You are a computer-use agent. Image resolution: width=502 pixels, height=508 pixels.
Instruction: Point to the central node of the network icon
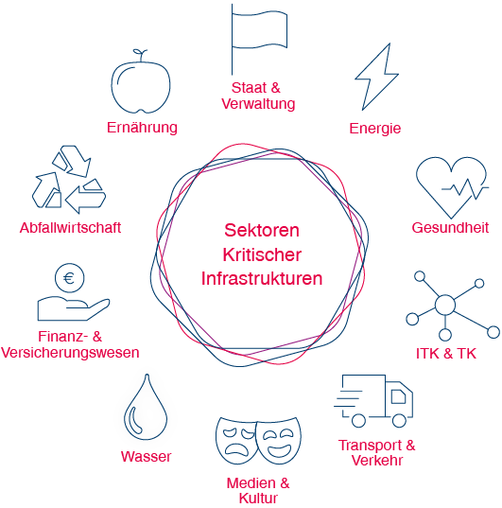coord(445,305)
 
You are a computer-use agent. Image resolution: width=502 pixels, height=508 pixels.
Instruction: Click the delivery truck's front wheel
coord(399,421)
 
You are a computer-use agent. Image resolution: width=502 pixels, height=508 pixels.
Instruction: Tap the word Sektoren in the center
coord(262,230)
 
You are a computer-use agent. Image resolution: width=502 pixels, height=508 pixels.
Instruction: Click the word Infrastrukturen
coord(262,279)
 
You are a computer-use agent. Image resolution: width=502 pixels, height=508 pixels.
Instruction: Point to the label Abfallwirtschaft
coord(70,228)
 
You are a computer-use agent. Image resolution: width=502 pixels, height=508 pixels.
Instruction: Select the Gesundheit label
coord(450,227)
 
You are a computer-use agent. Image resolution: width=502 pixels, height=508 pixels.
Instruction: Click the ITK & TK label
coord(446,353)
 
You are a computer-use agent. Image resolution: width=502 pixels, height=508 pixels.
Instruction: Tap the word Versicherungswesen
coord(70,353)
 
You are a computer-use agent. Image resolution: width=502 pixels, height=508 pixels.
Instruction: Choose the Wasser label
coord(147,457)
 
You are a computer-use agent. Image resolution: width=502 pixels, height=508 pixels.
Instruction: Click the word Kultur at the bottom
coord(258,499)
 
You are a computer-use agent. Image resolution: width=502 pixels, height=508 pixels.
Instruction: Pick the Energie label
coord(375,129)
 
